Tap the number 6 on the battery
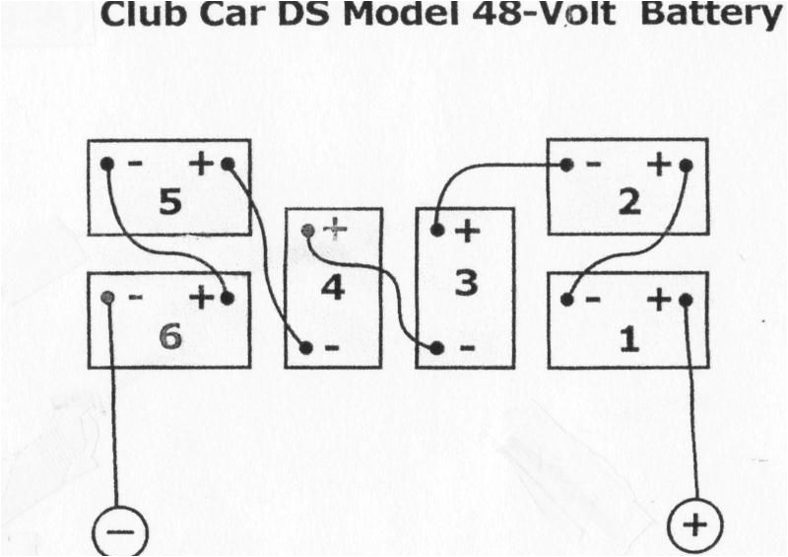point(169,336)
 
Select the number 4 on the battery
point(333,289)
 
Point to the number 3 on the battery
point(465,283)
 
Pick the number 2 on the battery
point(629,202)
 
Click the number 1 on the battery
point(628,338)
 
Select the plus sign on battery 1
point(658,300)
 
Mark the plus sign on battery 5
point(201,164)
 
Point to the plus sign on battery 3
point(466,232)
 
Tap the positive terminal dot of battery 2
point(687,165)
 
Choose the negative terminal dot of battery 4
point(305,348)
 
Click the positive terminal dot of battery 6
point(228,298)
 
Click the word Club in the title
point(145,16)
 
